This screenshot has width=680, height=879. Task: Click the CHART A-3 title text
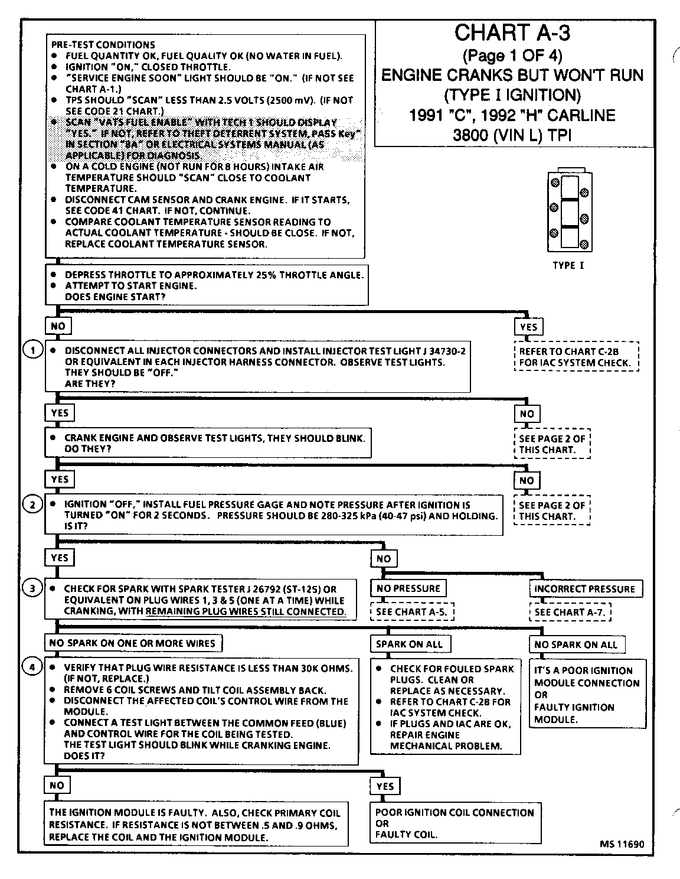click(512, 34)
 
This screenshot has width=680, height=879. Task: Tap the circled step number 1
click(32, 350)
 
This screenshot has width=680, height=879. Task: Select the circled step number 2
click(32, 504)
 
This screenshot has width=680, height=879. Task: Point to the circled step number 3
click(32, 588)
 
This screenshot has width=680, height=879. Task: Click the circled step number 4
click(32, 668)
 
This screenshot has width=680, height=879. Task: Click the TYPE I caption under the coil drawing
click(568, 266)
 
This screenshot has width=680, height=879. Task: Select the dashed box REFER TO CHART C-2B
click(576, 357)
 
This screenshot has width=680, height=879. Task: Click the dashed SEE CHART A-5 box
click(411, 612)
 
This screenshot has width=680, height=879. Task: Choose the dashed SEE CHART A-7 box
click(570, 612)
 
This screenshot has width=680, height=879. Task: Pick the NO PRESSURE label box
click(408, 588)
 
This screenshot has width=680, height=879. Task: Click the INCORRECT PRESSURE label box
click(585, 589)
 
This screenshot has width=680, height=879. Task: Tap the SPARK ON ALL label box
click(409, 644)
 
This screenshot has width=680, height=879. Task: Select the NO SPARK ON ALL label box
click(576, 644)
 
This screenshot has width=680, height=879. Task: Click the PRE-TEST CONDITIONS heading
click(103, 45)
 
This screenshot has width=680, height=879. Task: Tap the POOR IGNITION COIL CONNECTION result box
click(455, 823)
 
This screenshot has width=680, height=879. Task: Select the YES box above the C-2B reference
click(528, 327)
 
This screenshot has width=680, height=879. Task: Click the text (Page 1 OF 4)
click(512, 56)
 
